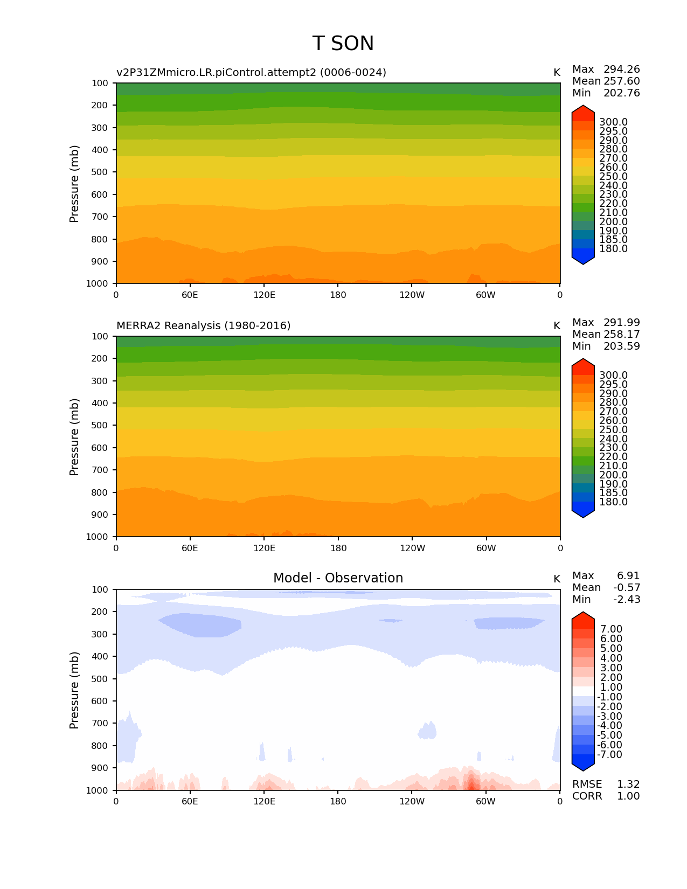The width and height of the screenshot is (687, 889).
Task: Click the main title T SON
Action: (x=343, y=44)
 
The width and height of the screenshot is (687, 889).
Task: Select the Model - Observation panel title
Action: (x=338, y=578)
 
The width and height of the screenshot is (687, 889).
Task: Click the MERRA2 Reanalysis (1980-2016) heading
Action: (x=203, y=325)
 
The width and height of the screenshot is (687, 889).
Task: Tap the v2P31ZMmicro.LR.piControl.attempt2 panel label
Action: (x=251, y=72)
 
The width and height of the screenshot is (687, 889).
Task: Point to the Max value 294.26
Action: (x=621, y=70)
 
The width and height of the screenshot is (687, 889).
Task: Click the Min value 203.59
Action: (x=621, y=346)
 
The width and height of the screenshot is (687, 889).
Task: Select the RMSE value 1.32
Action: (x=628, y=784)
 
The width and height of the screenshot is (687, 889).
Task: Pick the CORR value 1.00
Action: (x=628, y=796)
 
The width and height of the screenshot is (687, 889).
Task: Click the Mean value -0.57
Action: (x=627, y=588)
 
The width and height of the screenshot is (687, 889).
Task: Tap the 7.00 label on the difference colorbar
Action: (x=611, y=629)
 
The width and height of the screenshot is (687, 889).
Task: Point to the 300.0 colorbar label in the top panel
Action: (x=613, y=122)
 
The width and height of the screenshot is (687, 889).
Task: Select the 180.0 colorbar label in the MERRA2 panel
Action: (x=613, y=502)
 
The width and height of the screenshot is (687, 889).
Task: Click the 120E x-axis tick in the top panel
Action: (x=264, y=295)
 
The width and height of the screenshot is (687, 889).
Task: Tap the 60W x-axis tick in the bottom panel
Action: (x=485, y=801)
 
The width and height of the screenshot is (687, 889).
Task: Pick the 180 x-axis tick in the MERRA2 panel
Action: (x=338, y=548)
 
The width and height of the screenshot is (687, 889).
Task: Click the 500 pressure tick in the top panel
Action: (x=101, y=172)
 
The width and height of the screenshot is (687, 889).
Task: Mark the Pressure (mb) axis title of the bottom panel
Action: (x=74, y=690)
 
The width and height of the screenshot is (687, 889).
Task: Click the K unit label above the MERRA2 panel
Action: (x=557, y=326)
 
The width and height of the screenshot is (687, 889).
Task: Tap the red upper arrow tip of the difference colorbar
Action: (x=583, y=616)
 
